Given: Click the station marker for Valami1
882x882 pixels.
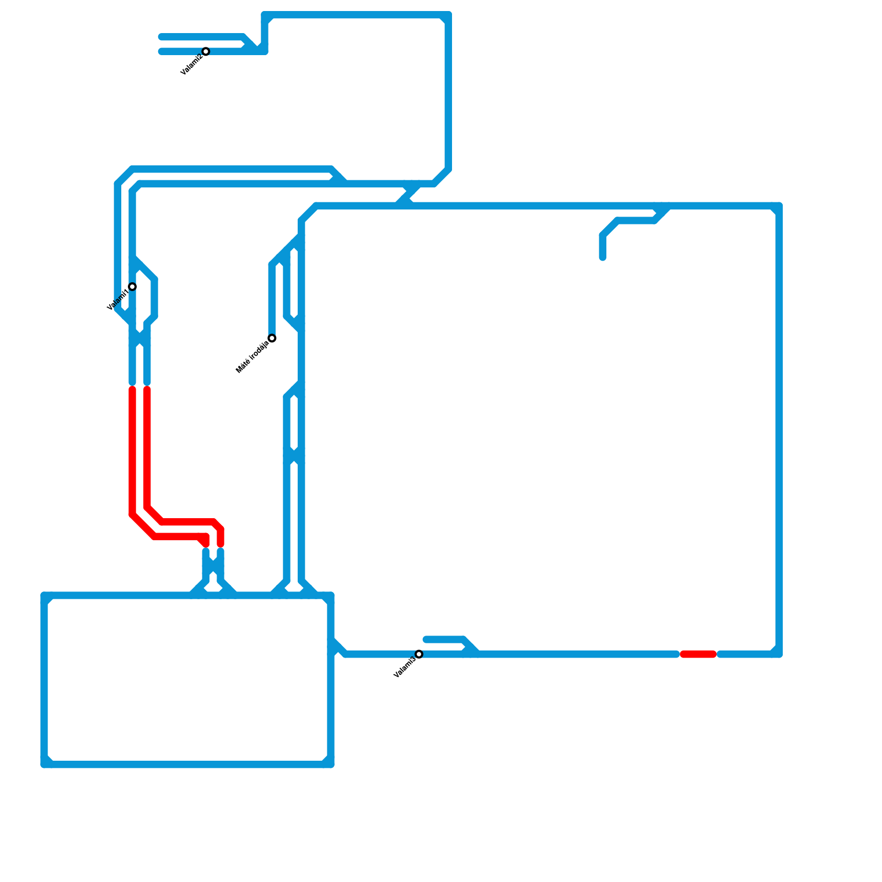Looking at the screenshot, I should click(x=132, y=287).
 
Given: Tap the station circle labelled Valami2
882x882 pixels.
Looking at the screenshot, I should click(x=206, y=51).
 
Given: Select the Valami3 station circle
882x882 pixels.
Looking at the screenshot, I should click(x=419, y=654).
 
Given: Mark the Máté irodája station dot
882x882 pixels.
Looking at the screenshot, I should click(x=272, y=338).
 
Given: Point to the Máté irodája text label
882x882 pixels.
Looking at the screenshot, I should click(x=252, y=357).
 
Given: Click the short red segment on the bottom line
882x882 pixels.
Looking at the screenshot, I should click(x=698, y=654).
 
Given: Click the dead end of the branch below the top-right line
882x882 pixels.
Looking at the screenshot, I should click(x=603, y=257).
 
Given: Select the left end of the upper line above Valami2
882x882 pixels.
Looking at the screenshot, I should click(x=161, y=37).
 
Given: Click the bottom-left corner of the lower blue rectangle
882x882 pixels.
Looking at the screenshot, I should click(x=44, y=764).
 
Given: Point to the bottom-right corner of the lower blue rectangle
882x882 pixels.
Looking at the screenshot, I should click(x=331, y=764).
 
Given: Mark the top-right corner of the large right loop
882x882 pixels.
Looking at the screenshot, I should click(x=779, y=206).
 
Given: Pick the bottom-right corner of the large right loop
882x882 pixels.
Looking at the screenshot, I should click(x=779, y=654).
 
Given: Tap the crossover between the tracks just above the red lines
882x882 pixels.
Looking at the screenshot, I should click(x=140, y=338).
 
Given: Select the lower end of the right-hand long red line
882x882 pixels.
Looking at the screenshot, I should click(x=220, y=545).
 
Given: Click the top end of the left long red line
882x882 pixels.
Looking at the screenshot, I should click(x=132, y=389).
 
